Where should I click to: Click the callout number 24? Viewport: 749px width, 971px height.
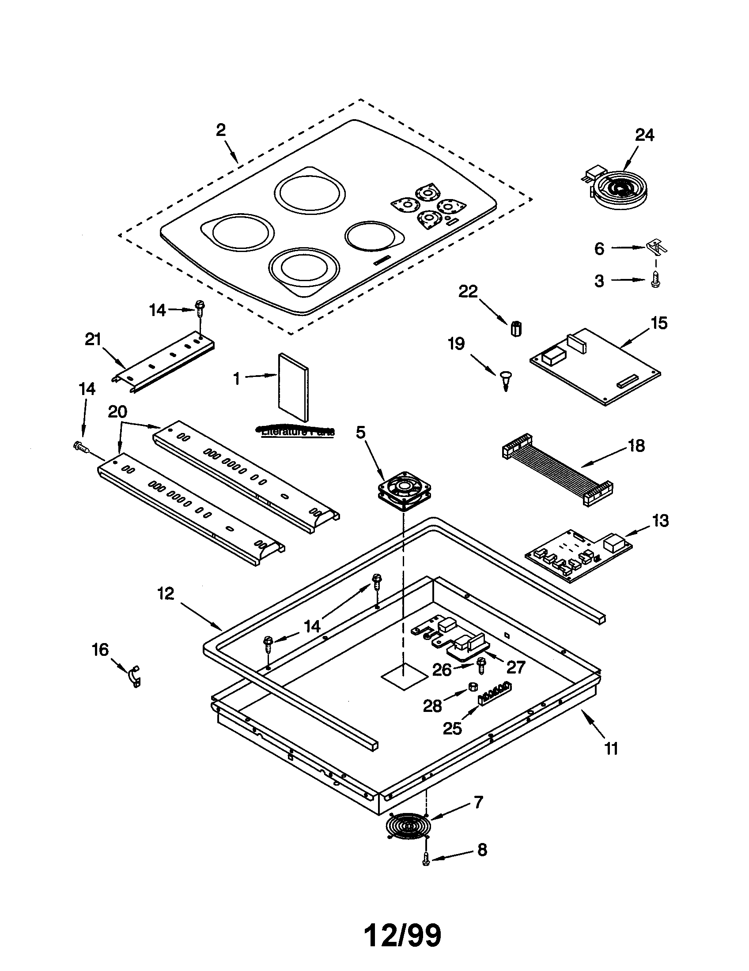coord(644,135)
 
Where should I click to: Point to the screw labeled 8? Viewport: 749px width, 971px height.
coord(426,861)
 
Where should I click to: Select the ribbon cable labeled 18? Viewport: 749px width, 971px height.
coord(557,469)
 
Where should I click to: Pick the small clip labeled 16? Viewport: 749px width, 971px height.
coord(134,676)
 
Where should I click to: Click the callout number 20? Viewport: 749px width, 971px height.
coord(117,412)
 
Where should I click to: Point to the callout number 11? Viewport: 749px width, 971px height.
coord(611,749)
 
